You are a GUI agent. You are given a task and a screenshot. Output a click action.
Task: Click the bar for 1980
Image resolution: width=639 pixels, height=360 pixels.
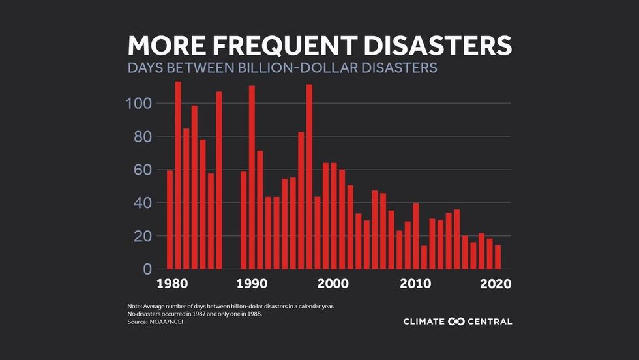170,220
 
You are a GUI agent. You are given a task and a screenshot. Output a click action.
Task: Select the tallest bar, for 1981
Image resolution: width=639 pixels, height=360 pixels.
178,175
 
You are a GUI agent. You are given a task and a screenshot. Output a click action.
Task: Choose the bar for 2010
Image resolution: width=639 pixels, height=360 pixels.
416,236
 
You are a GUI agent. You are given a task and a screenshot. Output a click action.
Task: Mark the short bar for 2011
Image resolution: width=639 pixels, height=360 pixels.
424,257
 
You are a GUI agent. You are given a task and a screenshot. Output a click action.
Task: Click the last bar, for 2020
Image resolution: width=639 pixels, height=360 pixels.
498,257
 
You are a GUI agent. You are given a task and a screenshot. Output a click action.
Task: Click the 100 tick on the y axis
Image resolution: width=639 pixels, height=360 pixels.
138,104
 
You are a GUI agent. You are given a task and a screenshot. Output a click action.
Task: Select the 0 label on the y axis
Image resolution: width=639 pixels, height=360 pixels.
147,269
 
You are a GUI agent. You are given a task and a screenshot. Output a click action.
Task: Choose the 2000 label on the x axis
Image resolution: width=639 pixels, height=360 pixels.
333,284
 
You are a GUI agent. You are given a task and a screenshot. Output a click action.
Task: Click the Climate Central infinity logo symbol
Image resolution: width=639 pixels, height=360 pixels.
456,322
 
